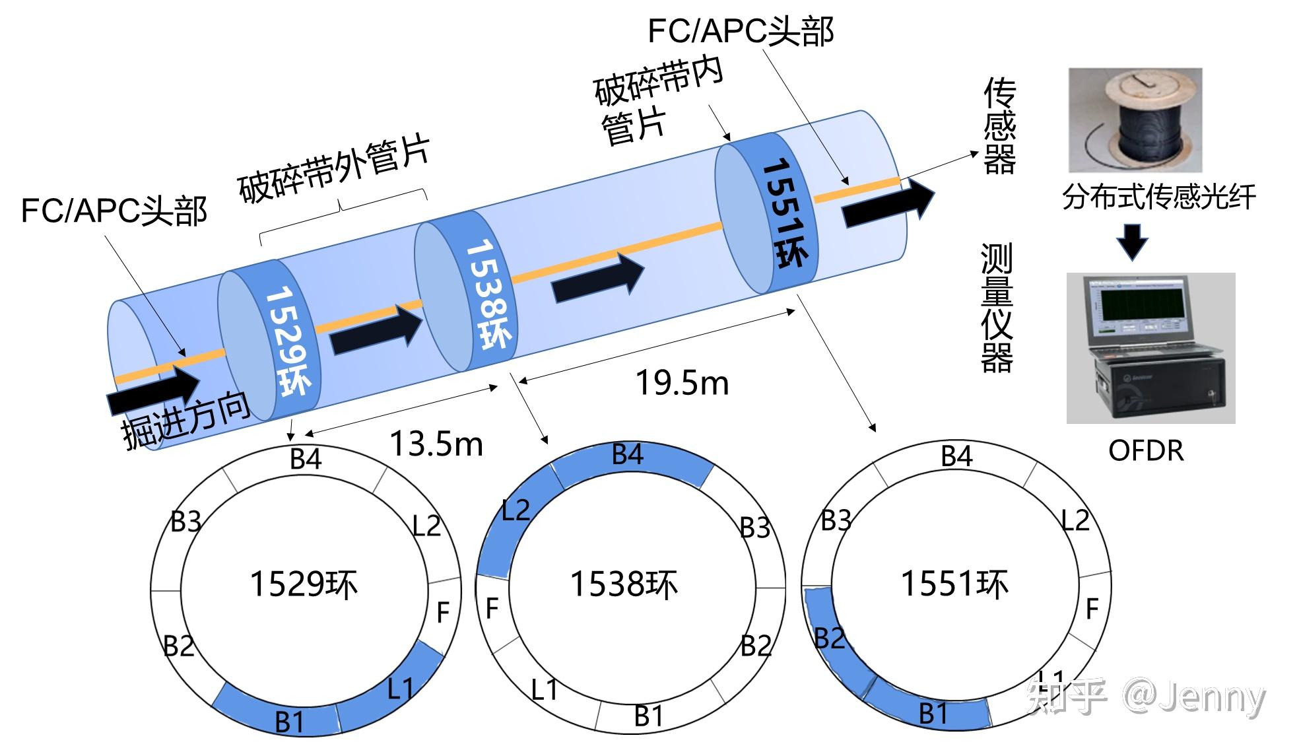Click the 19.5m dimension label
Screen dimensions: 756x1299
[x=682, y=383]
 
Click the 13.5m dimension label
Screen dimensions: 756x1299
[x=436, y=443]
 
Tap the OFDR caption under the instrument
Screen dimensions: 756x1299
[x=1146, y=451]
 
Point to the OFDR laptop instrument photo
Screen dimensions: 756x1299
[x=1150, y=348]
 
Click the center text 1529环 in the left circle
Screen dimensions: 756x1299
[x=304, y=585]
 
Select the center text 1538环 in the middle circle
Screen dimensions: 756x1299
[x=624, y=585]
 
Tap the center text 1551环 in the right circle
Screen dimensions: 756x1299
[x=955, y=584]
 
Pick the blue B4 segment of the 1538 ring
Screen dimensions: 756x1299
[x=630, y=462]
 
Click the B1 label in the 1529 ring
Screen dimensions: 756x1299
[x=289, y=722]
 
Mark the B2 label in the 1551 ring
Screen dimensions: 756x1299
[x=829, y=638]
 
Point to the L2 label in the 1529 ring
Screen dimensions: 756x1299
[x=426, y=526]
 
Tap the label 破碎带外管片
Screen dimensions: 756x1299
[x=334, y=169]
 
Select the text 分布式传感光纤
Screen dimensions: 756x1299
[x=1159, y=197]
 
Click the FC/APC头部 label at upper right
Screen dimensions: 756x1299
[x=741, y=32]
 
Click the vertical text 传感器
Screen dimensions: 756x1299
[x=999, y=125]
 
